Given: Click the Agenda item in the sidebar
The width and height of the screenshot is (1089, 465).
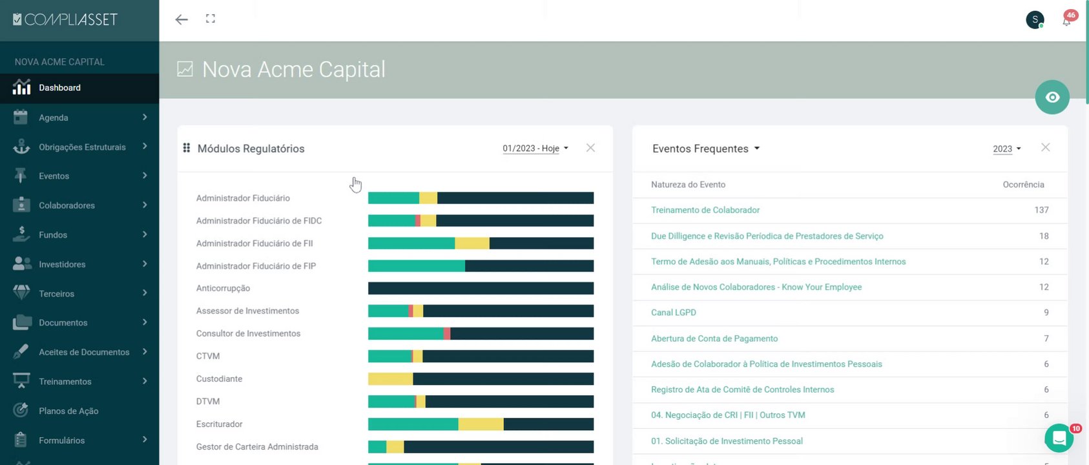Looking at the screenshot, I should (53, 118).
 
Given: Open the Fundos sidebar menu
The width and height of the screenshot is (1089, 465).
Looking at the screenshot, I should (53, 235).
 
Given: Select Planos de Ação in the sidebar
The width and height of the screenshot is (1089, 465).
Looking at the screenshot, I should (68, 411).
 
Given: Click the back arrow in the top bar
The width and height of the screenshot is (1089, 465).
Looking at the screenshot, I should (181, 19).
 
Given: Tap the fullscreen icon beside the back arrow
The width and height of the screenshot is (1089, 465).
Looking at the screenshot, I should (211, 19).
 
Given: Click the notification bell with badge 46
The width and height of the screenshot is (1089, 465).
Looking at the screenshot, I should (1066, 21).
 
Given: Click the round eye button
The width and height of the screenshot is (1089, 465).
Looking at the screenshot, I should (1052, 98).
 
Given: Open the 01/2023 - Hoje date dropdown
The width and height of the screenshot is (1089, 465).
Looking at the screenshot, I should (535, 149).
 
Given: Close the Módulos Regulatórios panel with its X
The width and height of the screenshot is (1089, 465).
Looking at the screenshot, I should (590, 148).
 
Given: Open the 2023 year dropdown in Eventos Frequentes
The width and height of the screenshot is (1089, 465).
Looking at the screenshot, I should (1006, 149).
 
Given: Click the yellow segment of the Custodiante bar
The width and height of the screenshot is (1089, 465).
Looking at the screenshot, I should (390, 379).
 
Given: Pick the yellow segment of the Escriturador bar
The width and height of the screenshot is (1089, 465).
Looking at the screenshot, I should (481, 424).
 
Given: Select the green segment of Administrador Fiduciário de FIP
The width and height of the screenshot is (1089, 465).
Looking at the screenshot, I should (416, 266).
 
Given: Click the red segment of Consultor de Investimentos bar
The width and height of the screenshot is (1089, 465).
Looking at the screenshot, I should (447, 334).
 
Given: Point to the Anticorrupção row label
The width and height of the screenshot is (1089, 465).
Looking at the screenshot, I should (223, 289).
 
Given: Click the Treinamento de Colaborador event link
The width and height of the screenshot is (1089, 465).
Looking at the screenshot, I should (705, 210).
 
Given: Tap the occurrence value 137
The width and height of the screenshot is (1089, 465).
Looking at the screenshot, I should (1041, 210).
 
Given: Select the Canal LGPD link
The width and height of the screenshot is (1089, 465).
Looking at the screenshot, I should (673, 313).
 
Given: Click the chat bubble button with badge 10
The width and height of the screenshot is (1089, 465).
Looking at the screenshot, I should (1059, 439).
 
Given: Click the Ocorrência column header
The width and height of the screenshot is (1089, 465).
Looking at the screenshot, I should (1023, 185).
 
